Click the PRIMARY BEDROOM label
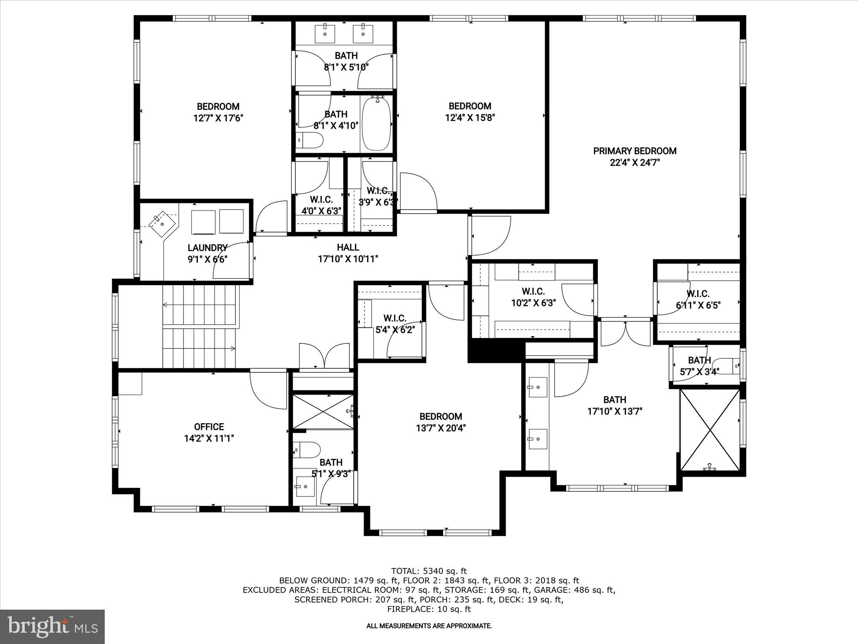click(x=635, y=151)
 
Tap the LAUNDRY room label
click(x=207, y=248)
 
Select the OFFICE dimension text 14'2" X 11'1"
click(x=209, y=439)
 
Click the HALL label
click(x=348, y=247)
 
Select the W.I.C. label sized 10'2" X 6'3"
click(x=533, y=291)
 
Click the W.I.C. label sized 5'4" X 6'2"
click(x=395, y=318)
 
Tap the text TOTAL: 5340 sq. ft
click(x=429, y=571)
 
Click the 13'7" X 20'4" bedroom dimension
click(x=441, y=428)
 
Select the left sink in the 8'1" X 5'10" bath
click(x=325, y=34)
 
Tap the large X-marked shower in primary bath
click(x=710, y=430)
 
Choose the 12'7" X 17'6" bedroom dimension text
click(x=218, y=118)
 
